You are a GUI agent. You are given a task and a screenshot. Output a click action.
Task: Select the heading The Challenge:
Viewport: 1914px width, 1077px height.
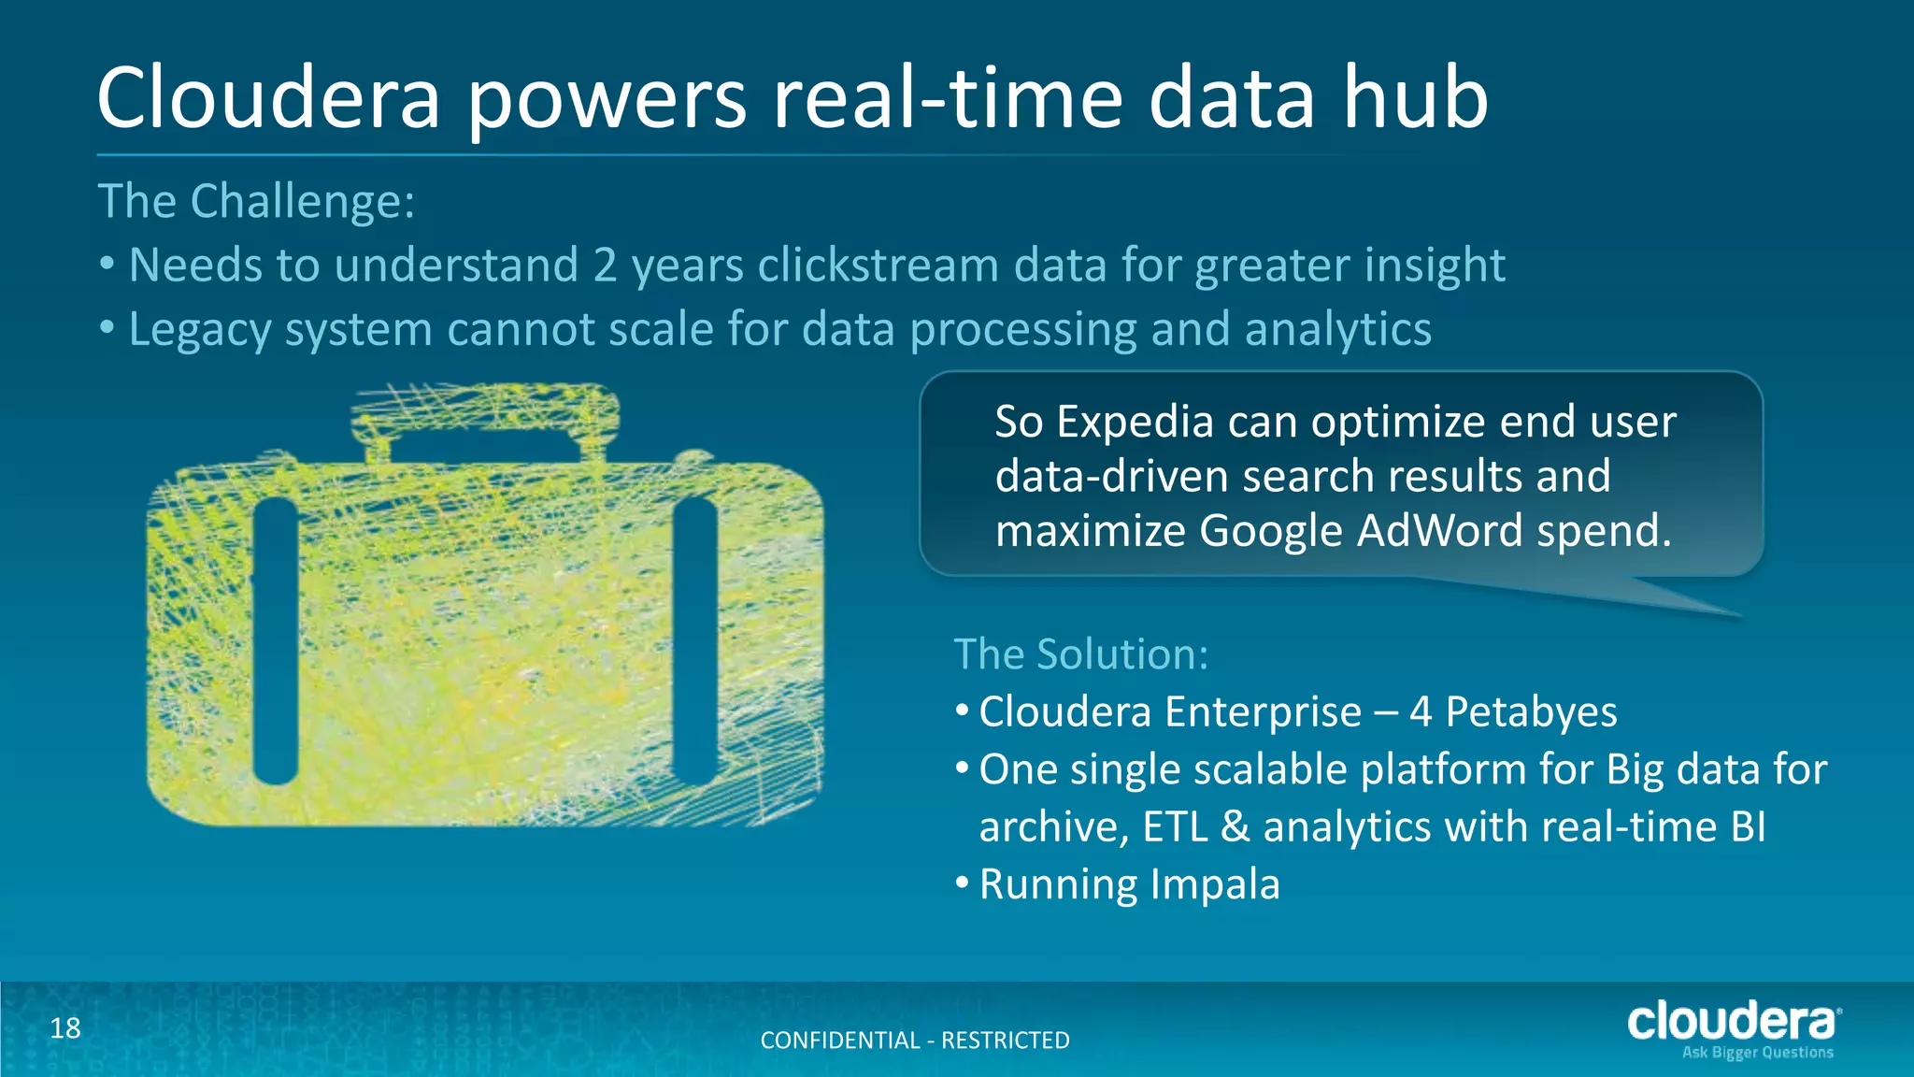256,201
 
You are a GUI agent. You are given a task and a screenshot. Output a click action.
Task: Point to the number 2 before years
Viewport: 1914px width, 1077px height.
605,266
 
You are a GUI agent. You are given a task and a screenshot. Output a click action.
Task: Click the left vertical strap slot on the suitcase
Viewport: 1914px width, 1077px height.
275,641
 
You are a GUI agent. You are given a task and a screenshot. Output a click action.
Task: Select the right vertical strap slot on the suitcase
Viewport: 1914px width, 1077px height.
695,641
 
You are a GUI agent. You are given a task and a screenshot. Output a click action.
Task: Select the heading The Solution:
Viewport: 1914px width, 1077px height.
1080,653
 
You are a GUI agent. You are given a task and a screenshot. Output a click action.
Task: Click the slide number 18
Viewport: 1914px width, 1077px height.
65,1028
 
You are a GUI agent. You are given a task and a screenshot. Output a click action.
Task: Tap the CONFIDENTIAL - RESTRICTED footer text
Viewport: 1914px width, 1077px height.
915,1041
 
